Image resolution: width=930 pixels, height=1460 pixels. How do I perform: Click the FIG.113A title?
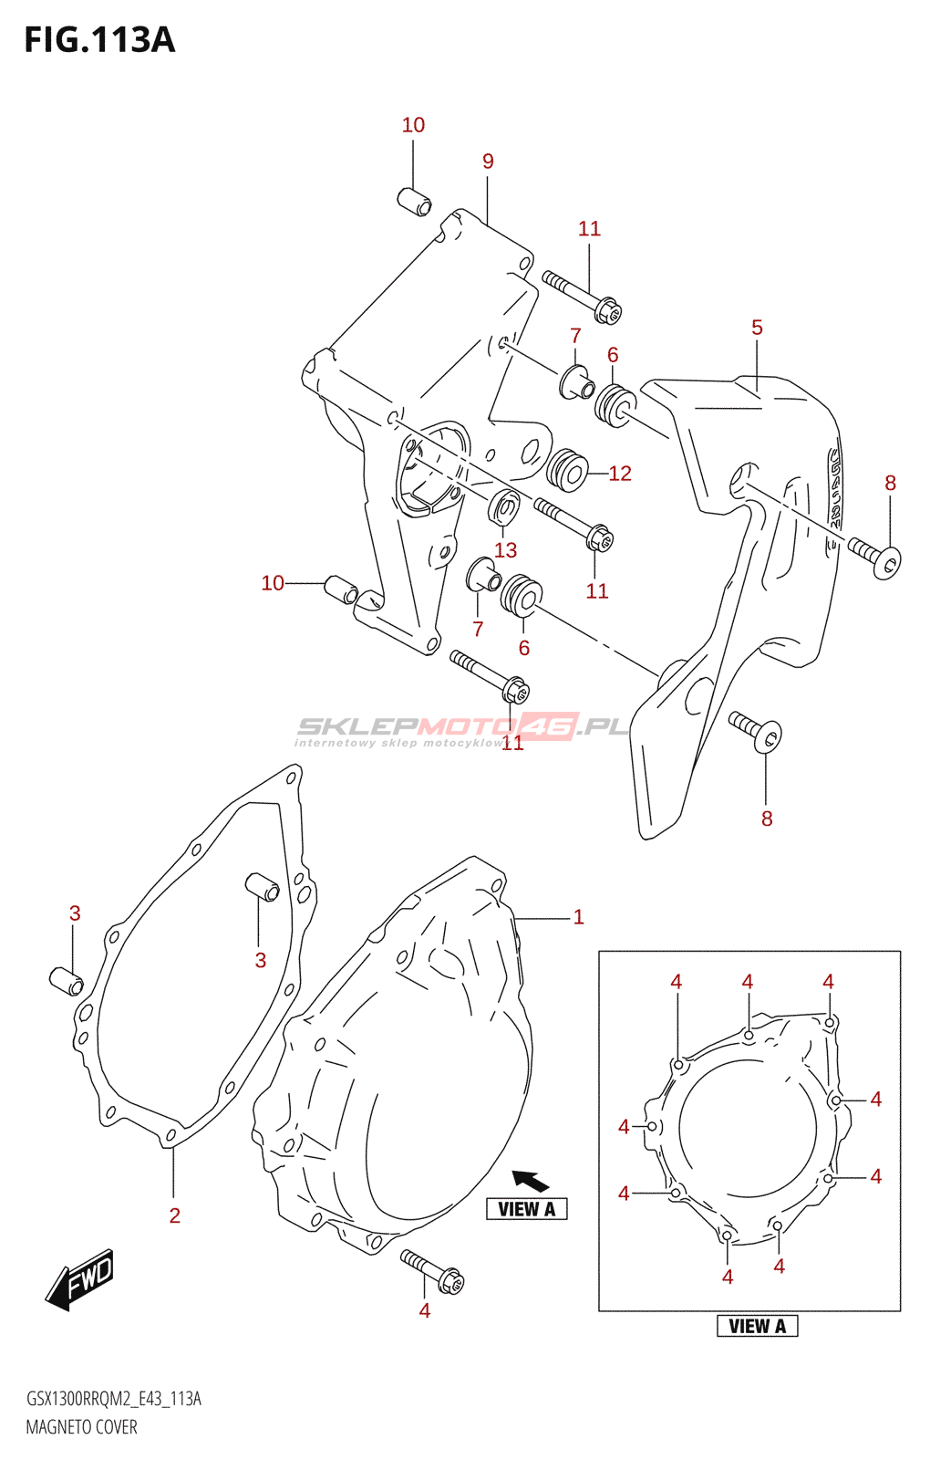tap(99, 40)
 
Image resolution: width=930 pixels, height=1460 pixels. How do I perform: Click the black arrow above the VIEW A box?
tap(531, 1181)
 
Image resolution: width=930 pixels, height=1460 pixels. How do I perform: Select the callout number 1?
tap(578, 917)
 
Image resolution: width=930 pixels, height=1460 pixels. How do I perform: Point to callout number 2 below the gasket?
tap(174, 1215)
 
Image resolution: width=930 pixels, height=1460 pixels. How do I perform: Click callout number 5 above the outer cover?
tap(757, 328)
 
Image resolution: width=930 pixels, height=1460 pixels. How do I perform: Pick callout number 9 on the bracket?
tap(488, 162)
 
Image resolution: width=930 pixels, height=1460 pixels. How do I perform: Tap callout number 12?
tap(620, 474)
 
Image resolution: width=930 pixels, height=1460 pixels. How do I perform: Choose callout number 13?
tap(505, 550)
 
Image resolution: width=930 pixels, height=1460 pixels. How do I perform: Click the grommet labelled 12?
tap(567, 470)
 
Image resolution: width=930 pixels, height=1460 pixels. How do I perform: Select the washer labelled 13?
tap(504, 507)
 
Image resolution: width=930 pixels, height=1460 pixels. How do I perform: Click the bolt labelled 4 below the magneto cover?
tap(433, 1272)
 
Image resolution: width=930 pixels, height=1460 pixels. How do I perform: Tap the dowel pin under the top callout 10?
tap(415, 202)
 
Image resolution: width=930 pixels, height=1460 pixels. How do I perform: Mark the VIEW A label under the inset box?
tap(757, 1326)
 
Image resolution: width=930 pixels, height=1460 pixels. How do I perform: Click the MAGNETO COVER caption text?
tap(81, 1427)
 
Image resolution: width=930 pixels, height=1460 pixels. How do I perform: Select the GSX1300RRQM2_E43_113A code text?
tap(113, 1399)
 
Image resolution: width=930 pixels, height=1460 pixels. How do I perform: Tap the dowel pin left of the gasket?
tap(66, 981)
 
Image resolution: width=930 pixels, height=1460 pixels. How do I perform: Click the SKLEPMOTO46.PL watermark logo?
tap(462, 727)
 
